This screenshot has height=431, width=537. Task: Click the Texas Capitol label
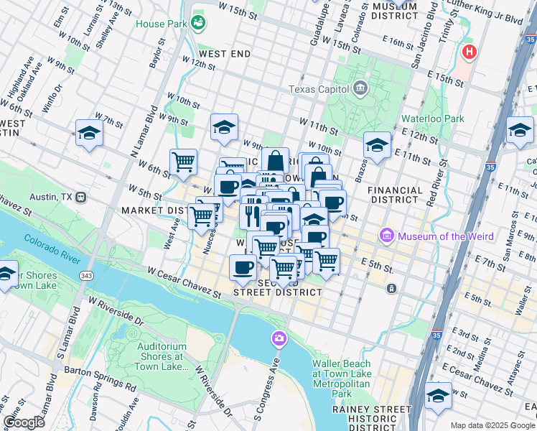[318, 89]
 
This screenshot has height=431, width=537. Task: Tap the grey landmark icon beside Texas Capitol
[360, 89]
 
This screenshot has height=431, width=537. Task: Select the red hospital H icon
[470, 52]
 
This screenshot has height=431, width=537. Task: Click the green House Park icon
[197, 24]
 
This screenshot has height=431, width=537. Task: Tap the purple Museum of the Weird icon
[388, 236]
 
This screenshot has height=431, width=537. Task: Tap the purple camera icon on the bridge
[278, 338]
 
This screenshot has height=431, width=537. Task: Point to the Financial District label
[395, 196]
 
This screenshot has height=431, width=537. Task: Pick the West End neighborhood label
[225, 54]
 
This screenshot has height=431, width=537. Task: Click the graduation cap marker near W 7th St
[90, 134]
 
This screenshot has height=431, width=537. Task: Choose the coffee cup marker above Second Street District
[242, 268]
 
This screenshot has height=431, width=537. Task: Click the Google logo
[24, 422]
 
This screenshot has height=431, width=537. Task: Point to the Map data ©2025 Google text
[492, 425]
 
